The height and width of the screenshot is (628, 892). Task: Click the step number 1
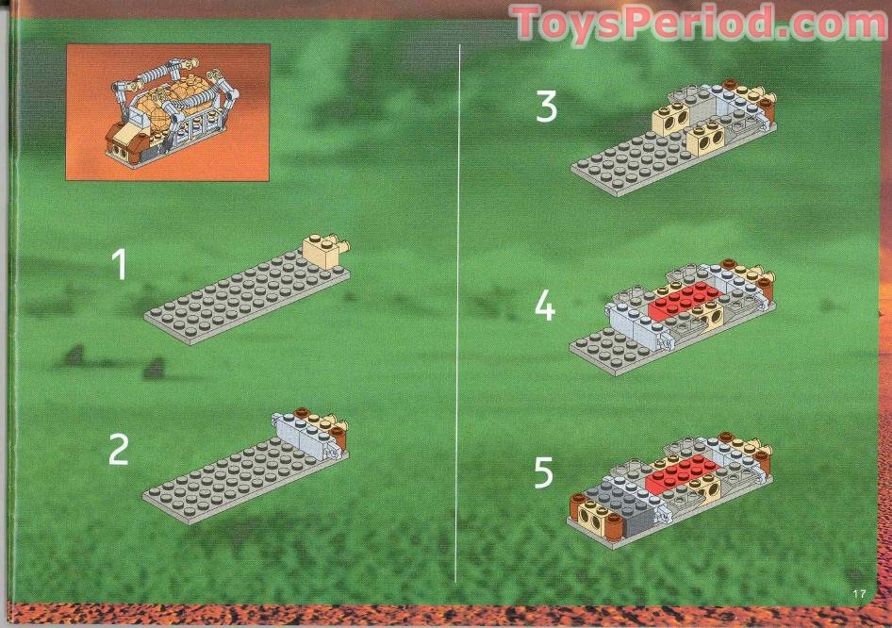coord(119,264)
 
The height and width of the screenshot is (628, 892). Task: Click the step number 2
coord(118,450)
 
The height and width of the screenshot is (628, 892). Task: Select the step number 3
coord(546,107)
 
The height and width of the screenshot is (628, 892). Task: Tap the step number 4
coord(545,306)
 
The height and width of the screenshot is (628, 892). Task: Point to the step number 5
coord(544,473)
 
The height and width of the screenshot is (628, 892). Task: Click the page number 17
coord(858,593)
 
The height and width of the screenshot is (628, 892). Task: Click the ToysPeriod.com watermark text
coord(699,23)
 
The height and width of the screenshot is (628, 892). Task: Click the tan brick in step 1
coord(322,252)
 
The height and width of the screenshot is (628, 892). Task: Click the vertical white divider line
coord(458,311)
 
